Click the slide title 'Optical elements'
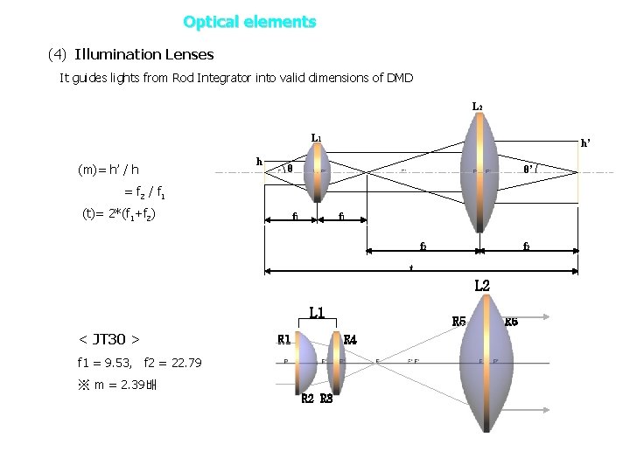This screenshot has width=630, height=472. coord(249,21)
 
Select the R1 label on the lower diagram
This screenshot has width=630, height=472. coord(284,339)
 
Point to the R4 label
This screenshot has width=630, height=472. coord(349,339)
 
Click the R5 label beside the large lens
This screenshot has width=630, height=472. coord(458,322)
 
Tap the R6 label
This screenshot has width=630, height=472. coord(512,322)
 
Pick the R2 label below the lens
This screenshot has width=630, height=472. coord(307,399)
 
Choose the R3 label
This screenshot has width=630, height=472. coord(326,399)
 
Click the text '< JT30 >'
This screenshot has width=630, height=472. coord(109,338)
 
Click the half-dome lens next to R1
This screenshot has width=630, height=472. coord(305,361)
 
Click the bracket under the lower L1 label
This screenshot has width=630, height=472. coord(316,323)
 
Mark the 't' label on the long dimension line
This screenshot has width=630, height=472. coord(410,267)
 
